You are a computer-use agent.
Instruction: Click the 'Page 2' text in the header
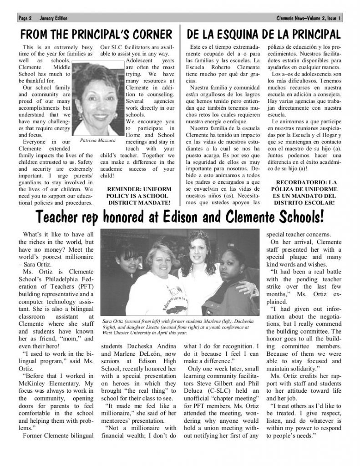pyautogui.click(x=25, y=18)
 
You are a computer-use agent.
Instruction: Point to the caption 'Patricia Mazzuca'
pyautogui.click(x=97, y=141)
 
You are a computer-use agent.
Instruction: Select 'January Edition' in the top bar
pyautogui.click(x=53, y=18)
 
